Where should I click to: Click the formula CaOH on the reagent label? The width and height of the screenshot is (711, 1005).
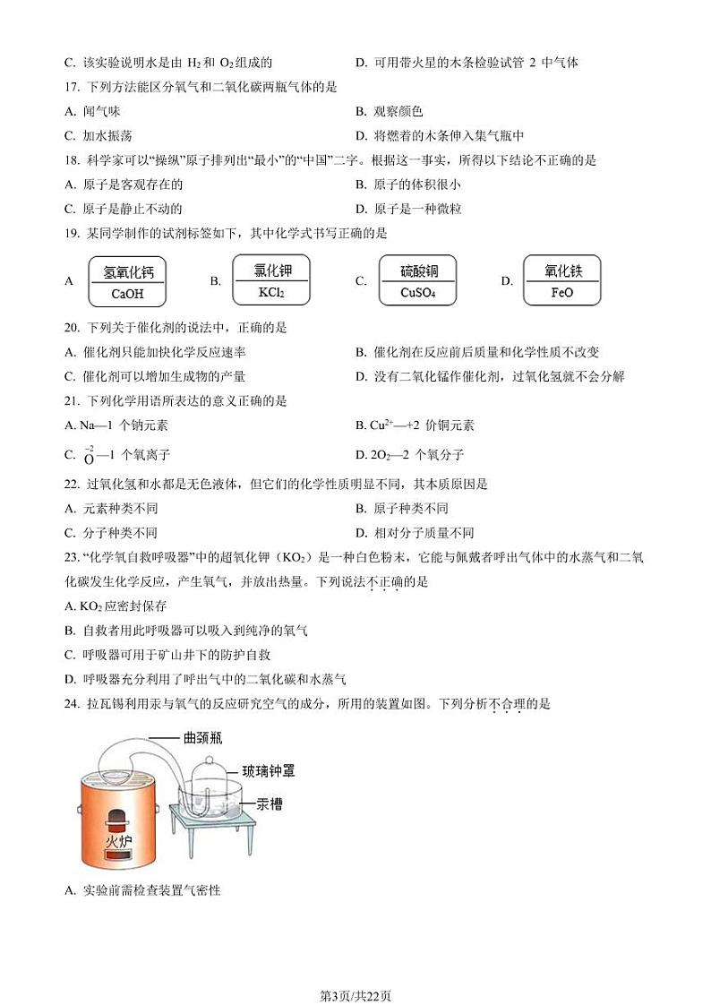(x=127, y=294)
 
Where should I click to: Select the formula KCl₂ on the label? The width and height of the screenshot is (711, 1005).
(x=270, y=292)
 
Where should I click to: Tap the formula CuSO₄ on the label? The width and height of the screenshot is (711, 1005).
(x=417, y=293)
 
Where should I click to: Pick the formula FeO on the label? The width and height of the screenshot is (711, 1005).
(x=561, y=293)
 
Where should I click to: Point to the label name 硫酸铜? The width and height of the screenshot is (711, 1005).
(x=417, y=271)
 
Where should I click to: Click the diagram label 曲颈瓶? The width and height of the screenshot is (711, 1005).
(x=202, y=739)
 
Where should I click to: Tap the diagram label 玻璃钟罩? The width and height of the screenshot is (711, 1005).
(x=268, y=769)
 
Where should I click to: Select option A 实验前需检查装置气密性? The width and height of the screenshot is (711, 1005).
(x=143, y=890)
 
